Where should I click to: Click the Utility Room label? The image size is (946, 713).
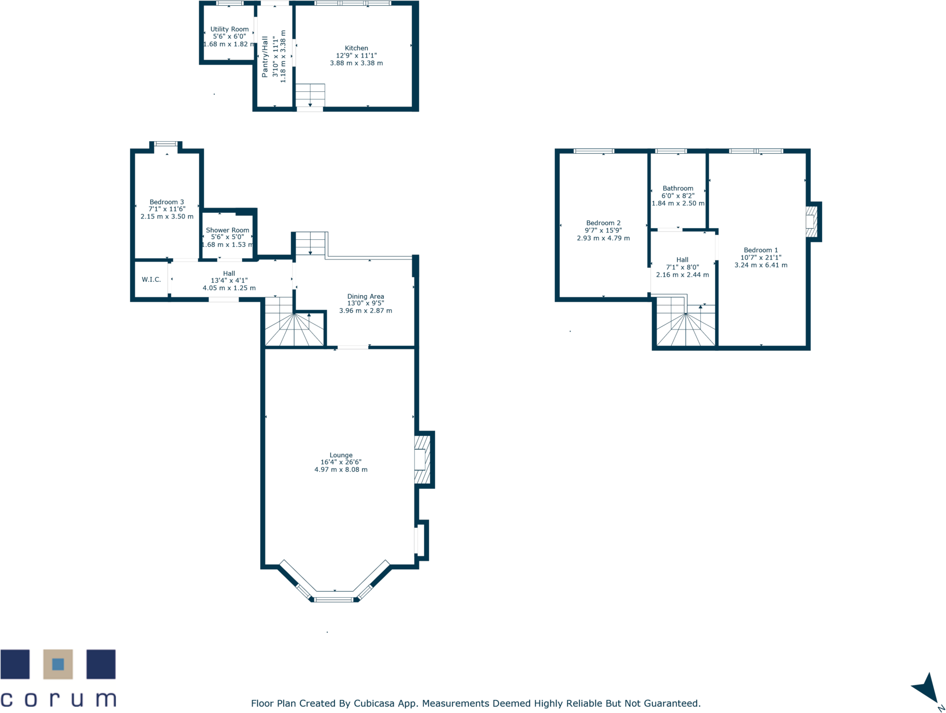tap(229, 30)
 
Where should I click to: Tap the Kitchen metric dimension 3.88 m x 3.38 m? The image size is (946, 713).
tap(356, 63)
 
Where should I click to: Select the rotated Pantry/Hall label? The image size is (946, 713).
tap(265, 57)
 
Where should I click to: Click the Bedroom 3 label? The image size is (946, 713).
tap(166, 202)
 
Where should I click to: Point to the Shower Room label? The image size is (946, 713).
tap(227, 230)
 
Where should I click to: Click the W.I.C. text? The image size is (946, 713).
tap(151, 280)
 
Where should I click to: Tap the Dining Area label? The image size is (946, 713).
tap(366, 296)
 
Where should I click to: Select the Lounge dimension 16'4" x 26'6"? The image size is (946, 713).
tap(341, 462)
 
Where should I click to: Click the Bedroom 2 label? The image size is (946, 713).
tap(603, 223)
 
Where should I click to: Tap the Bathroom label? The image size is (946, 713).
tap(678, 188)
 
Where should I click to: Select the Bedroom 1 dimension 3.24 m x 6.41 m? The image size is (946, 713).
tap(761, 265)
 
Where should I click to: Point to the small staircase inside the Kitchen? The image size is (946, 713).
tap(310, 95)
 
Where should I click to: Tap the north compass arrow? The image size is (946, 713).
tap(927, 691)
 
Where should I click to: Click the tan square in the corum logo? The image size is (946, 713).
tap(58, 664)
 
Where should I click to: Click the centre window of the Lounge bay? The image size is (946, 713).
tap(335, 599)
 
